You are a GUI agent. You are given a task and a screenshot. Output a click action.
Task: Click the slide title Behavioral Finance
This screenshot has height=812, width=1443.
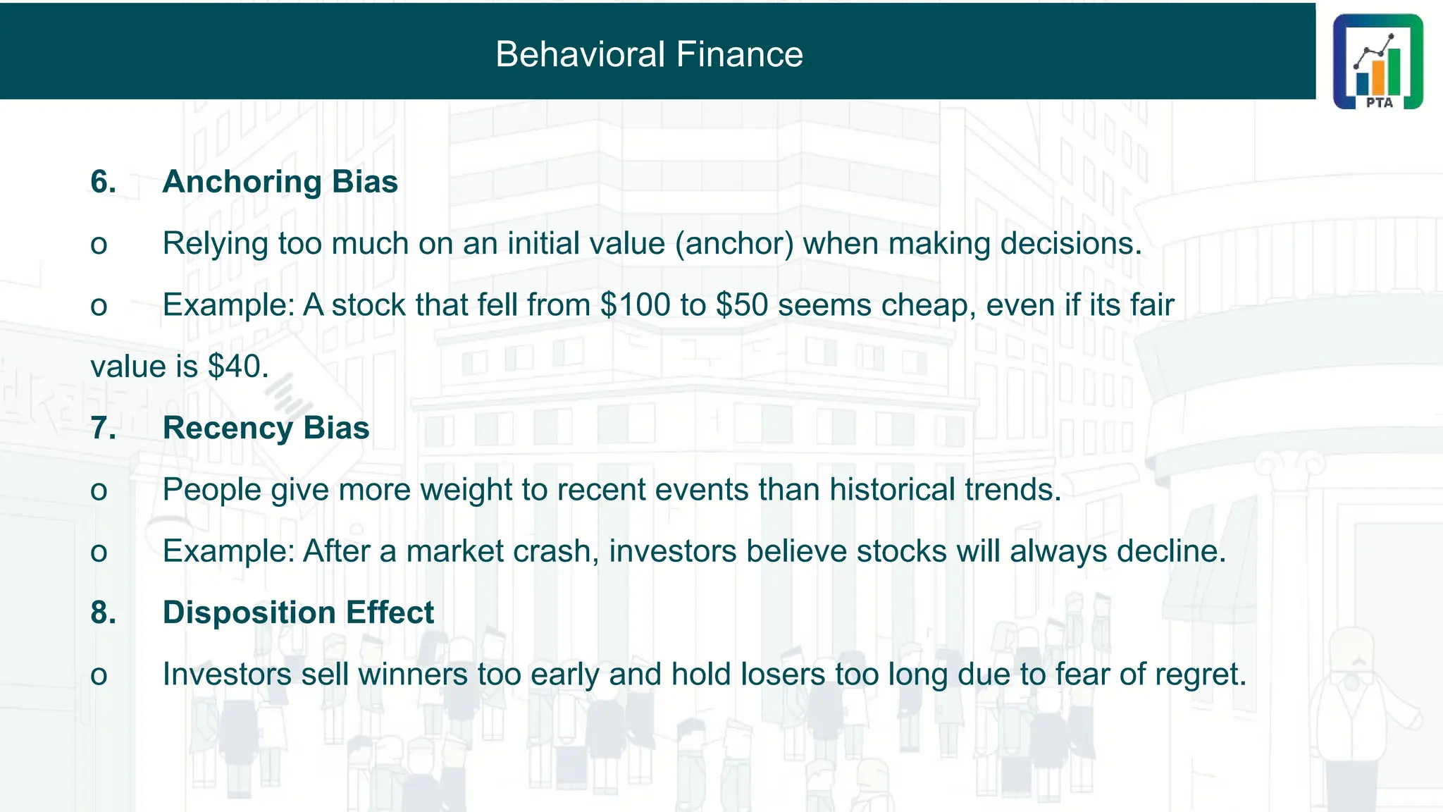[649, 54]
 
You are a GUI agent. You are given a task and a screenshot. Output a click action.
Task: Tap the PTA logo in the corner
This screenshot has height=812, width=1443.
[1377, 62]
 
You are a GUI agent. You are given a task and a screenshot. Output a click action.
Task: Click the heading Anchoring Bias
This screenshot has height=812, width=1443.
[280, 182]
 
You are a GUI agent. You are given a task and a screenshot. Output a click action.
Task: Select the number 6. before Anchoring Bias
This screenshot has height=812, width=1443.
[103, 182]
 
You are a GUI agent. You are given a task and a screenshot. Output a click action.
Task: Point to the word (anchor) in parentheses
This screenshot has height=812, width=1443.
[734, 244]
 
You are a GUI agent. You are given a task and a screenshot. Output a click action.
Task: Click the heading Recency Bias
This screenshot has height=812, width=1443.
[266, 428]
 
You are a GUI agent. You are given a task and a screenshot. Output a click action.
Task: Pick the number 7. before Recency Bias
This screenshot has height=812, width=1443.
[103, 428]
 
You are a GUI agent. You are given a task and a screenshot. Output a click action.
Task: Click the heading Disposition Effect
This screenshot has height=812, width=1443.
[298, 613]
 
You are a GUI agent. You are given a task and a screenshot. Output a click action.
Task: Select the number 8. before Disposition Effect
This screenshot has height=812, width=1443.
[103, 613]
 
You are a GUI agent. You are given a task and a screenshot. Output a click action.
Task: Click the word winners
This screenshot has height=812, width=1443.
[413, 675]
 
